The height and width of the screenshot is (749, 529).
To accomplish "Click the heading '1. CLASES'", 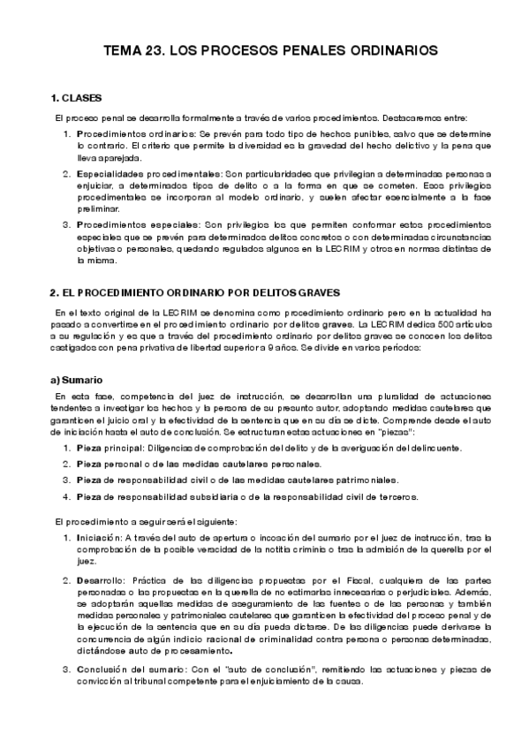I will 77,96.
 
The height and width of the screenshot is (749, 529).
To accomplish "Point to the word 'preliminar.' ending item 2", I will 97,209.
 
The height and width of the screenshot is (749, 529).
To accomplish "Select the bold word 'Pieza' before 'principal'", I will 89,449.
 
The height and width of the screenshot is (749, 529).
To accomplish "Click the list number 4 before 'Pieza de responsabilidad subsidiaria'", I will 66,496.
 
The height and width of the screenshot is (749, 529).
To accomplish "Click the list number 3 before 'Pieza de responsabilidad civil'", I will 66,480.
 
